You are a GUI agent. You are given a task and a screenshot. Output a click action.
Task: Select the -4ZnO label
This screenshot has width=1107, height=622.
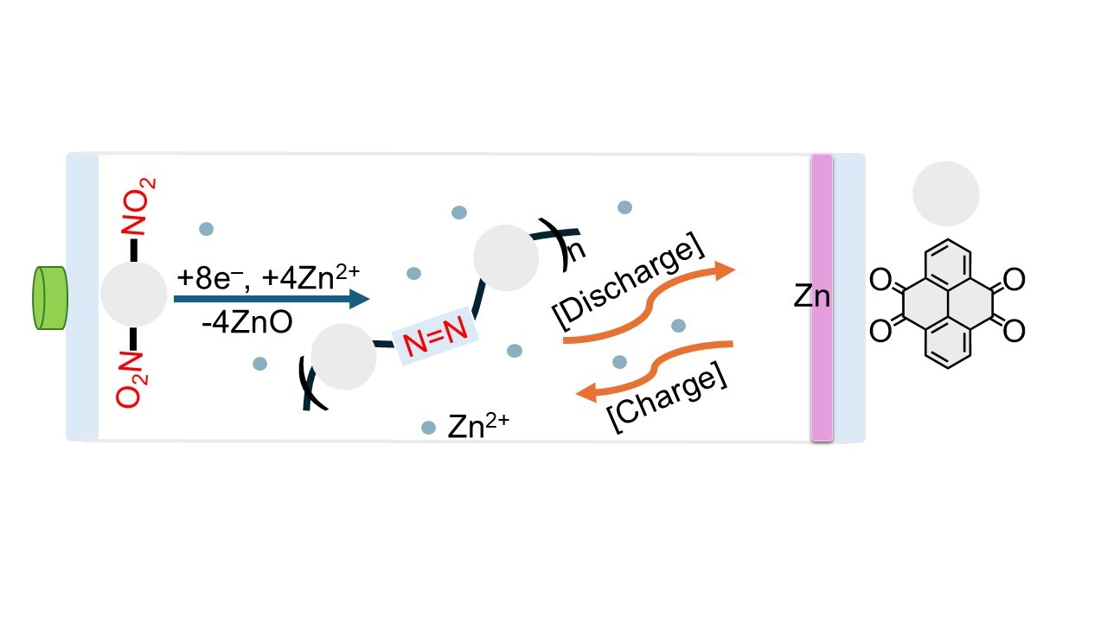246,322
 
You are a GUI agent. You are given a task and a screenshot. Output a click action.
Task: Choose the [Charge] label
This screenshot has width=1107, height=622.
666,399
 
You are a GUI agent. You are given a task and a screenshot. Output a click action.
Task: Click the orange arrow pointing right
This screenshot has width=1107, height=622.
649,301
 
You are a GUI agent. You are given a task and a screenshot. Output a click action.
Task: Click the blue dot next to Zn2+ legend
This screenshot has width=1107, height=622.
428,428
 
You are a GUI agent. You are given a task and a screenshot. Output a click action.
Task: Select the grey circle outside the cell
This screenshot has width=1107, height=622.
945,194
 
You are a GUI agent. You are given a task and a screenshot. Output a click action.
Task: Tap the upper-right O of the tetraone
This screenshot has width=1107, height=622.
1014,279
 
